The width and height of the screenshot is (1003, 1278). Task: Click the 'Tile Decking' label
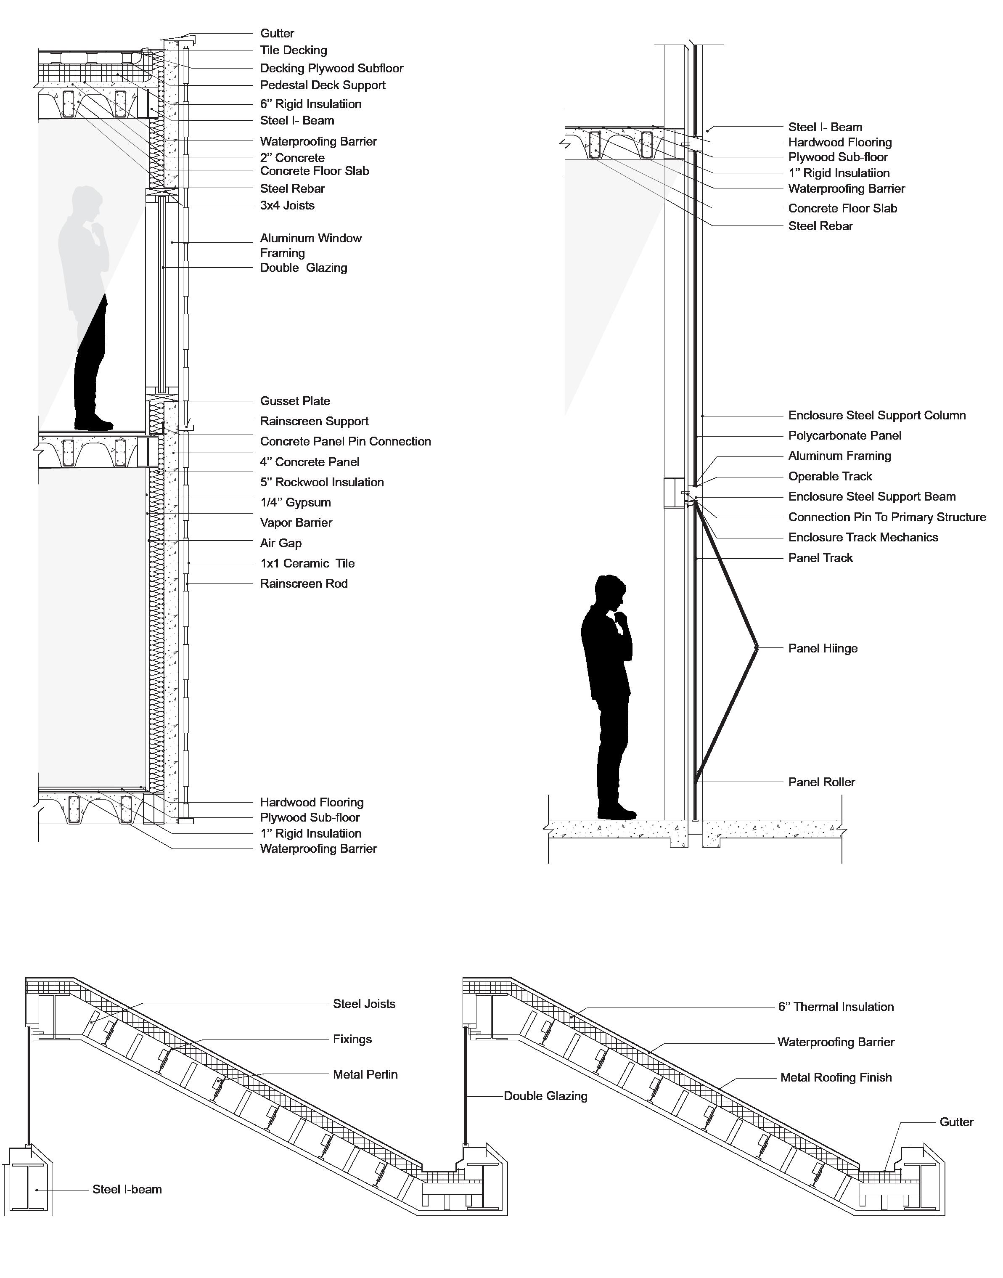[x=293, y=50]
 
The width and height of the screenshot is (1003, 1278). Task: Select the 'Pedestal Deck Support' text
[x=323, y=85]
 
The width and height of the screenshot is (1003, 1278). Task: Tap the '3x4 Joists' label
[x=287, y=206]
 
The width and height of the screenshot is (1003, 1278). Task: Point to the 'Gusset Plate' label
[x=295, y=401]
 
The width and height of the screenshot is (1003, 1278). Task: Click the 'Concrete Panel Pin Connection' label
[x=345, y=442]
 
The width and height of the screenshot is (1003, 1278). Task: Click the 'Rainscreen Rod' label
[x=304, y=584]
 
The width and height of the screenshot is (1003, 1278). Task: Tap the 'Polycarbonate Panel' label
[x=844, y=436]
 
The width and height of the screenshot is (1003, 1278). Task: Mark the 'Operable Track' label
[x=830, y=476]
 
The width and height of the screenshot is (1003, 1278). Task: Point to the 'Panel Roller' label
[x=822, y=782]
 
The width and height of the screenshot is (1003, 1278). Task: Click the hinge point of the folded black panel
[x=757, y=648]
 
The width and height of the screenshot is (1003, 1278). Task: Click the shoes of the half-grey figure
[x=94, y=422]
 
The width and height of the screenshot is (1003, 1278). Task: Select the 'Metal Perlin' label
[x=365, y=1075]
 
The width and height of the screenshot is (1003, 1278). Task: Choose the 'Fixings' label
[x=352, y=1039]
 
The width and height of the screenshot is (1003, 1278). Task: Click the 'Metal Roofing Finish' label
[x=836, y=1078]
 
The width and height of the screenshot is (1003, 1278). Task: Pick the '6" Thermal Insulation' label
[x=836, y=1007]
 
